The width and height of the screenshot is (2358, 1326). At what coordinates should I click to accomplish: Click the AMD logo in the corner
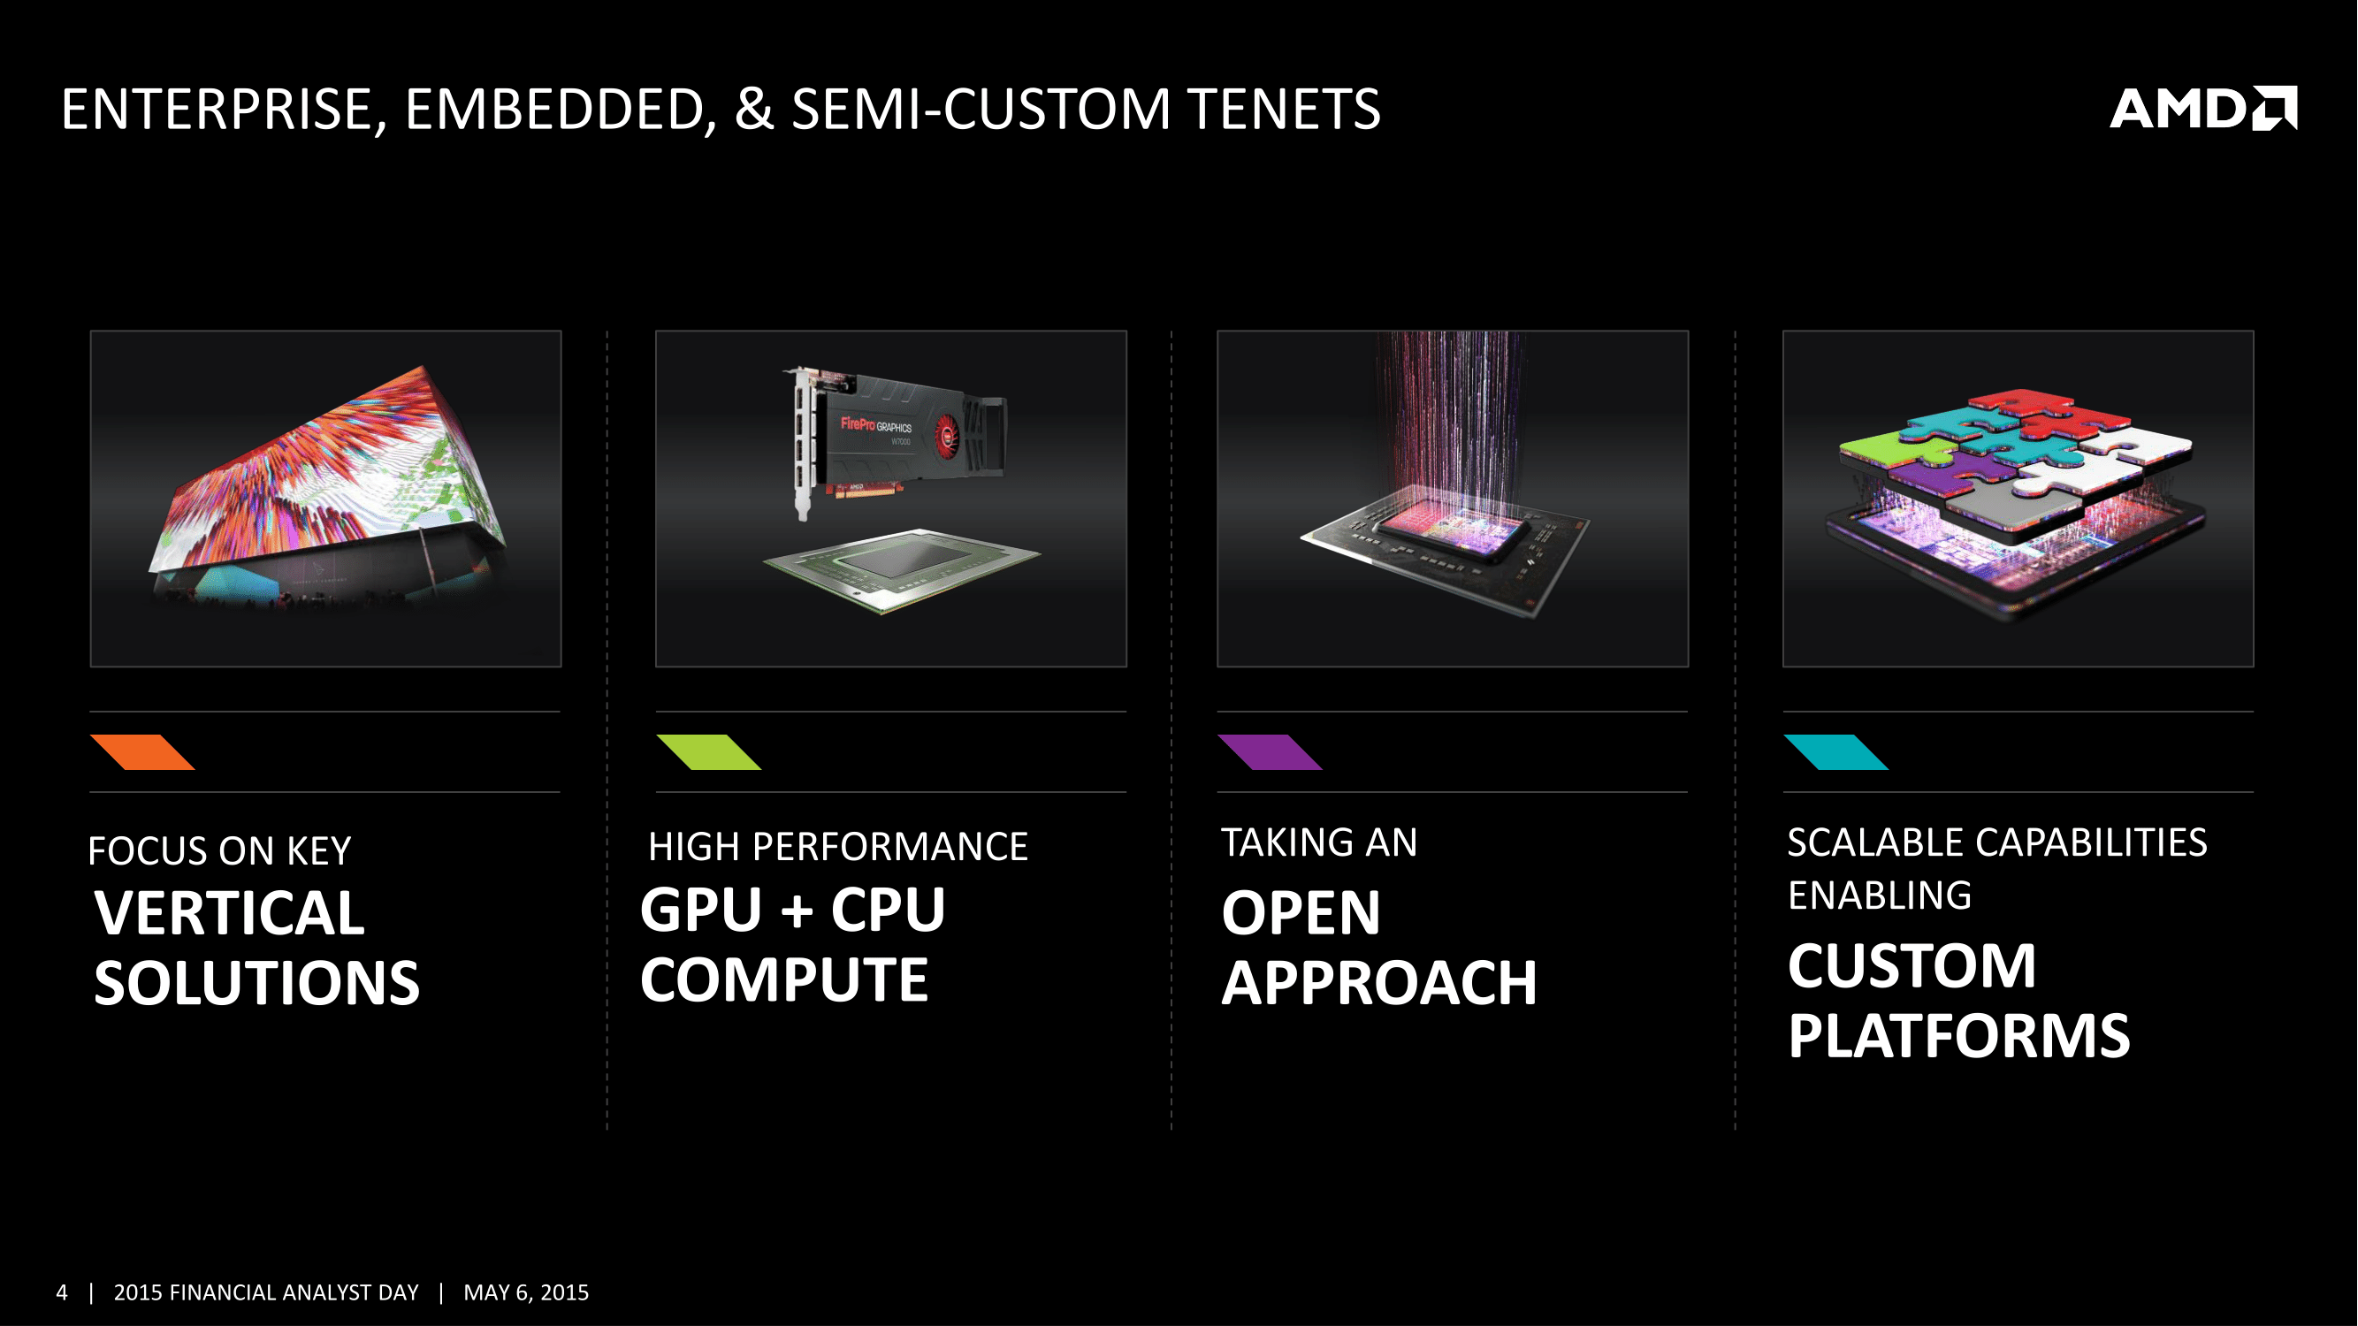pos(2203,109)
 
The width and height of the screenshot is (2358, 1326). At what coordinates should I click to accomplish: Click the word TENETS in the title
pos(1285,109)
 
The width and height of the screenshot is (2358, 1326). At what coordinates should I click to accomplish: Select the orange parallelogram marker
pos(143,752)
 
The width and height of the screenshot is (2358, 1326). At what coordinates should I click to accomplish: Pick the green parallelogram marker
pos(708,752)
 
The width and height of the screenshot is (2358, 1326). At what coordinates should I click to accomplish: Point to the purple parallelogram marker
pos(1270,752)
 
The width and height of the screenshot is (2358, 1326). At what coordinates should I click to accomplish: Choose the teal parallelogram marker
pos(1835,752)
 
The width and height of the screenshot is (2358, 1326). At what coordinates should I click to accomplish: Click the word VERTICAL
pos(229,913)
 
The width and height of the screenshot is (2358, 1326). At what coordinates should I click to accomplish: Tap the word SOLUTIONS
pos(256,983)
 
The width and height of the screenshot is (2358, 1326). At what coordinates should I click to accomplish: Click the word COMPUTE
pos(783,979)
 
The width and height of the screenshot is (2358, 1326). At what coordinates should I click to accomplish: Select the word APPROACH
pos(1379,983)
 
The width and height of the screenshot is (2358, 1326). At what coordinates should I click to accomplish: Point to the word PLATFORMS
pos(1959,1036)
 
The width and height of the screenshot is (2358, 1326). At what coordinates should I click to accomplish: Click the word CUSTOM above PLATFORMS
pos(1912,966)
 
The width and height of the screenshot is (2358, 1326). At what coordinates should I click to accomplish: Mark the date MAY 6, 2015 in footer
pos(526,1292)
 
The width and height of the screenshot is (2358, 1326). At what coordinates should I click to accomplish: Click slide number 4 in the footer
pos(61,1292)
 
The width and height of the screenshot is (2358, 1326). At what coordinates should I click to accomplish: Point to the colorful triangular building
pos(328,485)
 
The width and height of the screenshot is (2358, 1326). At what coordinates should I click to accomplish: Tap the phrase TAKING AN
pos(1320,842)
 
